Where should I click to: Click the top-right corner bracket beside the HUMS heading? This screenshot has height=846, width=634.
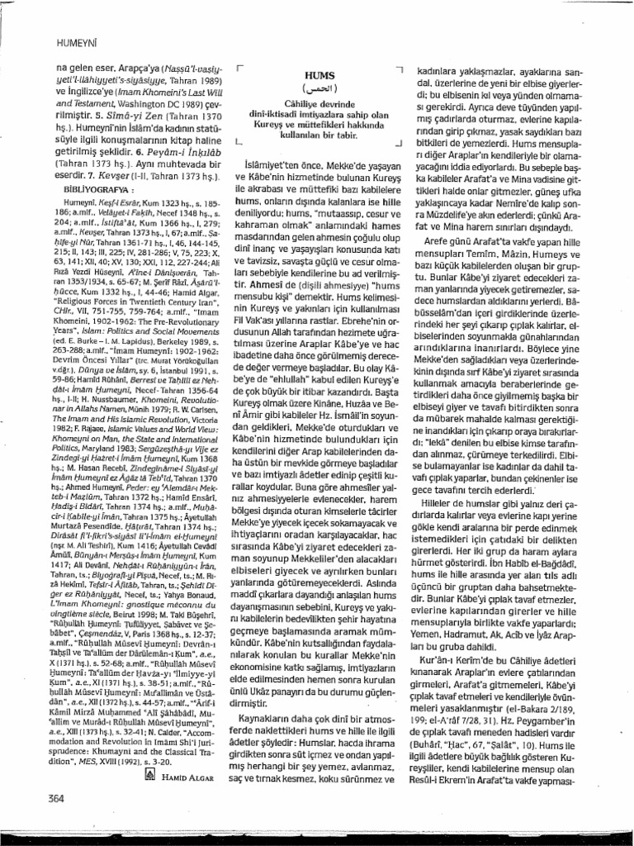tap(398, 69)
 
